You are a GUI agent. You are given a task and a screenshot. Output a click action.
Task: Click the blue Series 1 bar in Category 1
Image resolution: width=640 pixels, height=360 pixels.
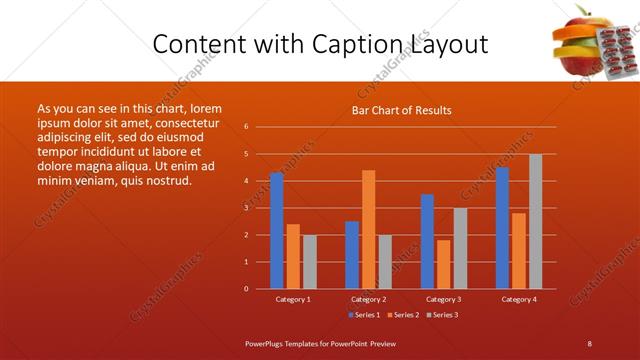[277, 231]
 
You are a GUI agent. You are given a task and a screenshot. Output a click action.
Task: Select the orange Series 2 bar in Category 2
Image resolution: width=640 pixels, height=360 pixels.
[368, 229]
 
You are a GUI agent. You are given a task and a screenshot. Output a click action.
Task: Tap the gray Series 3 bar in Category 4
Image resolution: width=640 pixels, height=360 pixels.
[535, 221]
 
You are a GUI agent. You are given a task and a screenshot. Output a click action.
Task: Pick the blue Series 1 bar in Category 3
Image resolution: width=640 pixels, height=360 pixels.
[427, 241]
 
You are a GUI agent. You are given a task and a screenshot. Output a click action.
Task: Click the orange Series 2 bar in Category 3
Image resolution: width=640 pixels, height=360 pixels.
[443, 264]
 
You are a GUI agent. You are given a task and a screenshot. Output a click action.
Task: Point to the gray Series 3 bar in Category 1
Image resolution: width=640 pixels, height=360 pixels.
[309, 262]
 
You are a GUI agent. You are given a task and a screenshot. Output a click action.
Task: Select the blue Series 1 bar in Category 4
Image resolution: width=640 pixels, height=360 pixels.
[502, 228]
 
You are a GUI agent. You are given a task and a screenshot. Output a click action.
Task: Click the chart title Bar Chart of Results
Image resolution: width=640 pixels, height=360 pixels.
[401, 110]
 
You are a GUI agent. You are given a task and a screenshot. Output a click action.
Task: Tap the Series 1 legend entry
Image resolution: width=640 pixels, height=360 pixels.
[365, 315]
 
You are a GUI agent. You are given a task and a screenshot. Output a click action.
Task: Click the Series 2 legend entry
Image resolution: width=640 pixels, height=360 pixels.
[403, 315]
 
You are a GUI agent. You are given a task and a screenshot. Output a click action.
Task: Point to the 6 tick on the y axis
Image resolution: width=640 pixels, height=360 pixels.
[246, 127]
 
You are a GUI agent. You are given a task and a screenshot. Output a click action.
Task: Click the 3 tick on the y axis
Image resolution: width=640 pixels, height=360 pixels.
[246, 208]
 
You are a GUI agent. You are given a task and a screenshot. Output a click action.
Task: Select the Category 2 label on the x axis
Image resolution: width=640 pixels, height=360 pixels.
[368, 299]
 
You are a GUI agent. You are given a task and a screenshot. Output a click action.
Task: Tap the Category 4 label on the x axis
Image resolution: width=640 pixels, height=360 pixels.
[518, 299]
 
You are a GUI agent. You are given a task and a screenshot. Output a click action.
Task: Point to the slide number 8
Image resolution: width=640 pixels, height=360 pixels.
[590, 343]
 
